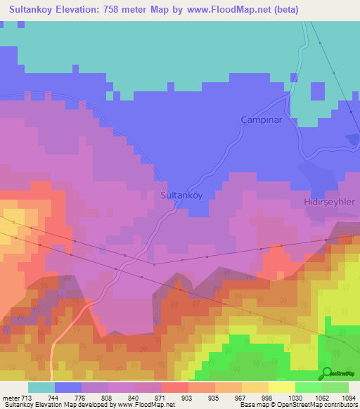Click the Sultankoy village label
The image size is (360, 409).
point(182,195)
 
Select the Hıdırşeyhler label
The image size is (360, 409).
point(330,201)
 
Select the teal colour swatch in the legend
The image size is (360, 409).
point(41,387)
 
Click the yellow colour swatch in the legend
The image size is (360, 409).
point(281,387)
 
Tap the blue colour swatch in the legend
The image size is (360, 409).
point(68,387)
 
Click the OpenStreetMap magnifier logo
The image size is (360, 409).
point(327,372)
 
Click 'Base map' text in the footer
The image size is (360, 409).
point(253,405)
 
